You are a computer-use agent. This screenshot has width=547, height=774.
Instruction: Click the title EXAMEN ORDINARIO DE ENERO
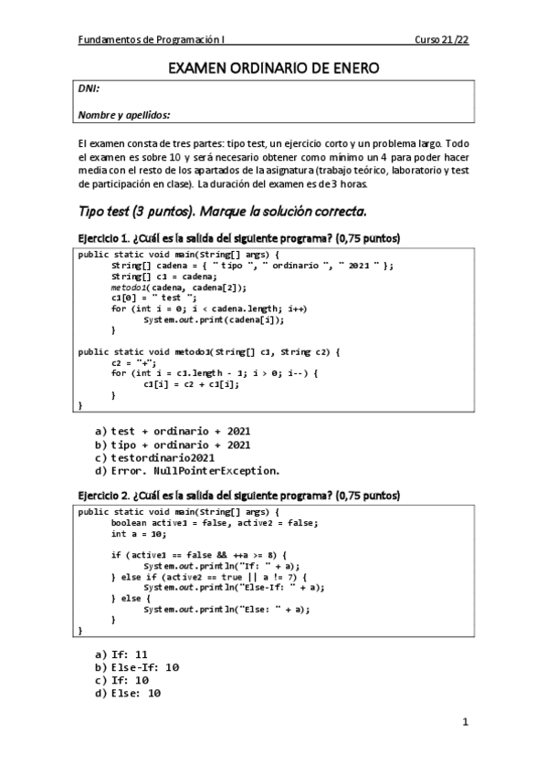pos(273,68)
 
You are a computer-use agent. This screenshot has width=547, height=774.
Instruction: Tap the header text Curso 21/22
pos(441,40)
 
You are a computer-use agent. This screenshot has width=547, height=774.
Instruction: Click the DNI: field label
pos(89,89)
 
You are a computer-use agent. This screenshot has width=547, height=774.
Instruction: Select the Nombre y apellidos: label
pos(124,115)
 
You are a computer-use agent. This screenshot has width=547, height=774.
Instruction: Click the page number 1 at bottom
pos(465,723)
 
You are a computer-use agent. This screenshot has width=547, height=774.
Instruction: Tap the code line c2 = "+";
pos(131,362)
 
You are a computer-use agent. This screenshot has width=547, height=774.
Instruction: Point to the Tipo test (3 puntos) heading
pos(223,212)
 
